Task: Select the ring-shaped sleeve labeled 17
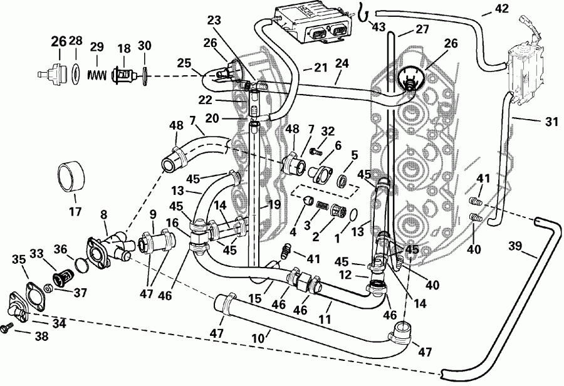[70, 176]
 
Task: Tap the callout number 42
[501, 9]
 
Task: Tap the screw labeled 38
[8, 326]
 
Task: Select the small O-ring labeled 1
[355, 216]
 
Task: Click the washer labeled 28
[75, 73]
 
